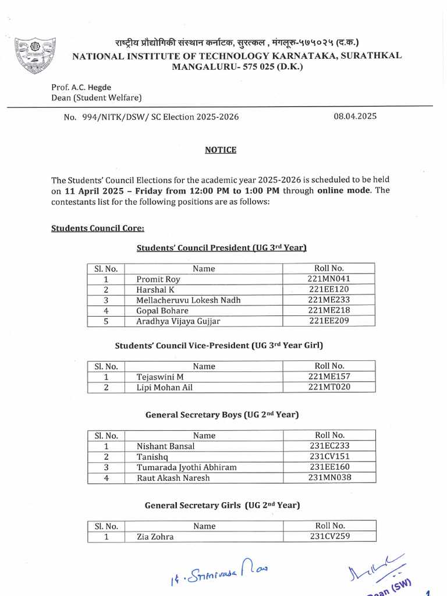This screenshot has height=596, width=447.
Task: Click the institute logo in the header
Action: pyautogui.click(x=36, y=56)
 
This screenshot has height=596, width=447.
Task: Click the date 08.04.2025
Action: pyautogui.click(x=355, y=116)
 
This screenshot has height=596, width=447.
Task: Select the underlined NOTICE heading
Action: pyautogui.click(x=221, y=150)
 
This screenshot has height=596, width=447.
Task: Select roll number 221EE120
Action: pyautogui.click(x=329, y=289)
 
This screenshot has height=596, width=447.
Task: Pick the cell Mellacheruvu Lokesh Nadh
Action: pyautogui.click(x=189, y=300)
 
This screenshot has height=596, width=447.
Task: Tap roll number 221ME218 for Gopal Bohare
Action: pyautogui.click(x=329, y=310)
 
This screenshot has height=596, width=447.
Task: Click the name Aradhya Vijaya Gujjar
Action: pyautogui.click(x=178, y=321)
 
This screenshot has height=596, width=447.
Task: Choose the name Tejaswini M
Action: pyautogui.click(x=160, y=377)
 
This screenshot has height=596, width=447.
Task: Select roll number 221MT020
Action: pyautogui.click(x=329, y=387)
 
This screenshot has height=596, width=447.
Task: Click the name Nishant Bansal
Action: pyautogui.click(x=166, y=446)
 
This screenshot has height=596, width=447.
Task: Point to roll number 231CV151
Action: pyautogui.click(x=330, y=456)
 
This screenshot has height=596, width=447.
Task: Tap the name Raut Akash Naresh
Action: pyautogui.click(x=173, y=478)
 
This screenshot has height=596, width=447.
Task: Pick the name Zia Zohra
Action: pyautogui.click(x=155, y=537)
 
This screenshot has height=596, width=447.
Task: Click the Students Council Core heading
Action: pyautogui.click(x=94, y=228)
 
